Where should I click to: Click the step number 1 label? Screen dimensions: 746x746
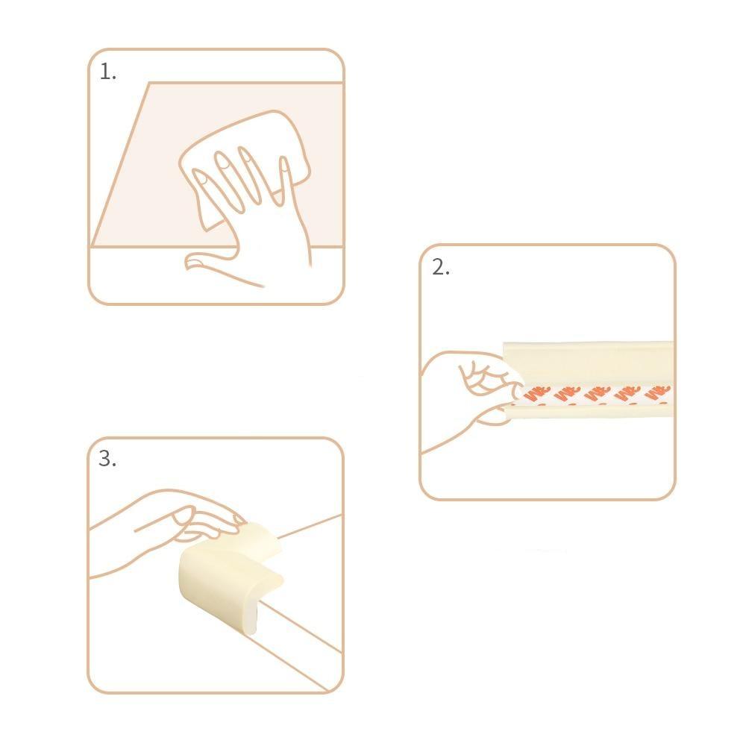click(108, 72)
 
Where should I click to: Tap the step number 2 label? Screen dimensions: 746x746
click(440, 268)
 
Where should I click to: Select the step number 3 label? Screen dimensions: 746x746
click(107, 459)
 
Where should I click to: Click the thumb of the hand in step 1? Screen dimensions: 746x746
click(209, 263)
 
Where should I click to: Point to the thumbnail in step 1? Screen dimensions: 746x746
click(195, 260)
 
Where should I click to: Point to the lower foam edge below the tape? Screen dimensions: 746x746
click(589, 410)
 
